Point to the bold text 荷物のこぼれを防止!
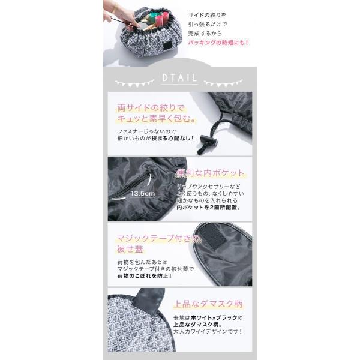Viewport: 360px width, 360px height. tap(144, 275)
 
